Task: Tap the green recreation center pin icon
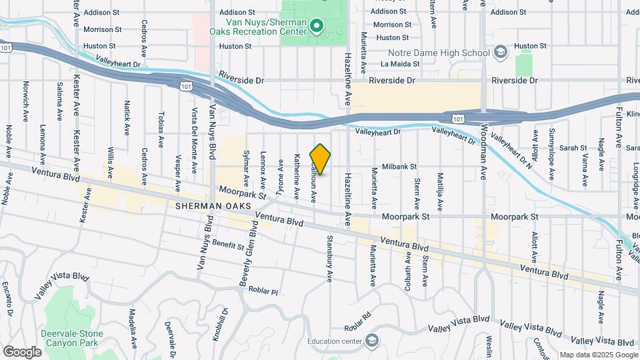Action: (317, 26)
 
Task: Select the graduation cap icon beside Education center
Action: (372, 341)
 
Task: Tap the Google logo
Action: (21, 351)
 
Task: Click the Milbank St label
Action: (399, 166)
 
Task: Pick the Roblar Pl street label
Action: (262, 290)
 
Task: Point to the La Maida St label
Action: (400, 64)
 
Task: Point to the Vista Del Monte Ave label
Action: (195, 138)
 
